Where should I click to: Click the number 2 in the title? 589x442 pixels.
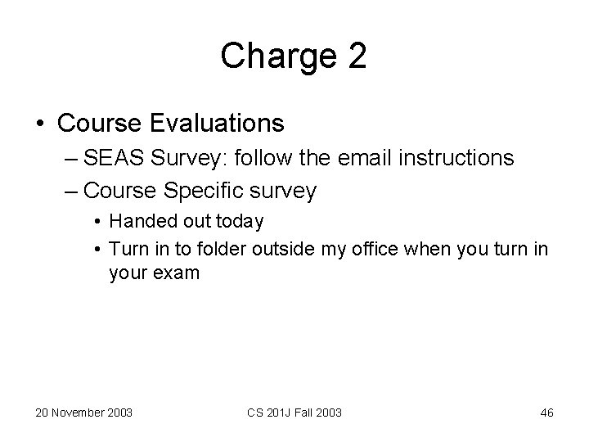point(357,56)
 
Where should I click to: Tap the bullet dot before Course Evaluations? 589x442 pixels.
point(41,124)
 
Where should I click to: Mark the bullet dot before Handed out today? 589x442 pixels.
point(97,221)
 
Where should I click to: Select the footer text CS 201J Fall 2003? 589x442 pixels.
point(294,413)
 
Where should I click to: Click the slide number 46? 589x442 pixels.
point(546,413)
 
